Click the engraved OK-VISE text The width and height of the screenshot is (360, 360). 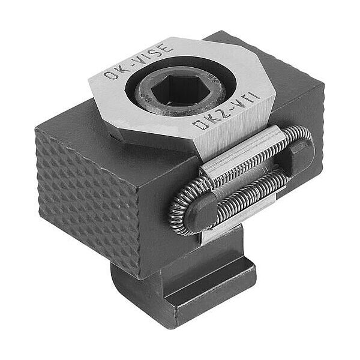(x=138, y=62)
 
